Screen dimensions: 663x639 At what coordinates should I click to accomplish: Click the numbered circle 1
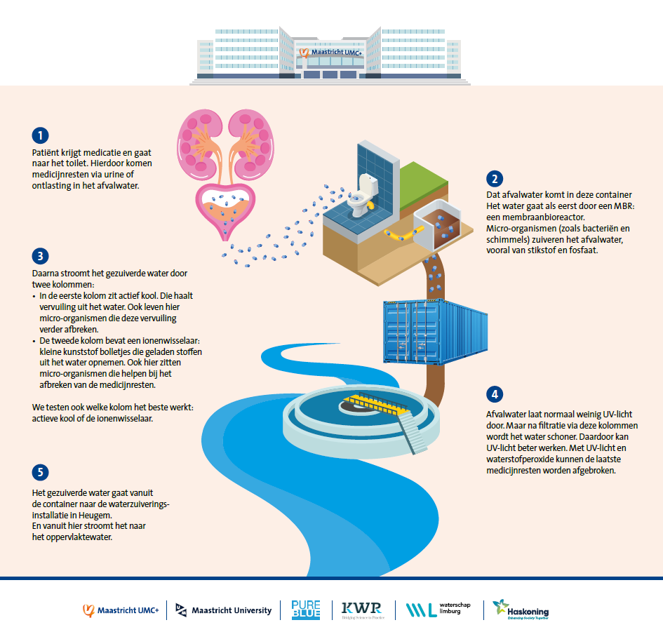tap(40, 135)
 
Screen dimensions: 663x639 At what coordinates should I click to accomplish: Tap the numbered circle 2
tap(495, 179)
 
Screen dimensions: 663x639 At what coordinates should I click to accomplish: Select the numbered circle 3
tap(40, 256)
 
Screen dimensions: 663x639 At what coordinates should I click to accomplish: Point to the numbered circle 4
tap(495, 394)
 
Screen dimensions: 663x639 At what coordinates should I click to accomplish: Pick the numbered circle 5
tap(40, 472)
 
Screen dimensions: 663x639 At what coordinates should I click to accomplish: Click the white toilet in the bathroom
tap(362, 195)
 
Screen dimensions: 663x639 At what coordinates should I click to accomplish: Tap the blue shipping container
tap(435, 331)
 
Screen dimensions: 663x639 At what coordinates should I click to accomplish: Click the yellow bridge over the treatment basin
tap(375, 403)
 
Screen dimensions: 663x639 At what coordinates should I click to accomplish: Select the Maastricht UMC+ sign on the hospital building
tap(331, 53)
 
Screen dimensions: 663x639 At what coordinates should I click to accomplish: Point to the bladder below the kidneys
tap(225, 210)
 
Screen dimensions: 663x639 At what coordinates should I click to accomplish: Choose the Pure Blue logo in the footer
tap(306, 610)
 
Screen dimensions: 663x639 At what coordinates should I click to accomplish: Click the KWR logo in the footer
tap(362, 610)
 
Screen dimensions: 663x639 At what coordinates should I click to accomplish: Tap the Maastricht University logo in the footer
tap(223, 610)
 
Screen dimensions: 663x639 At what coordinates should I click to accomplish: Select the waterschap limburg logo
tap(438, 610)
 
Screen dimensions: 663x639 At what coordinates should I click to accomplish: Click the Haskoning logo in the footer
tap(521, 610)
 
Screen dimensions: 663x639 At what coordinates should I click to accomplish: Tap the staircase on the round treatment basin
tap(413, 433)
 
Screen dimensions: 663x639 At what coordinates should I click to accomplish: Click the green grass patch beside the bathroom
tap(424, 182)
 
